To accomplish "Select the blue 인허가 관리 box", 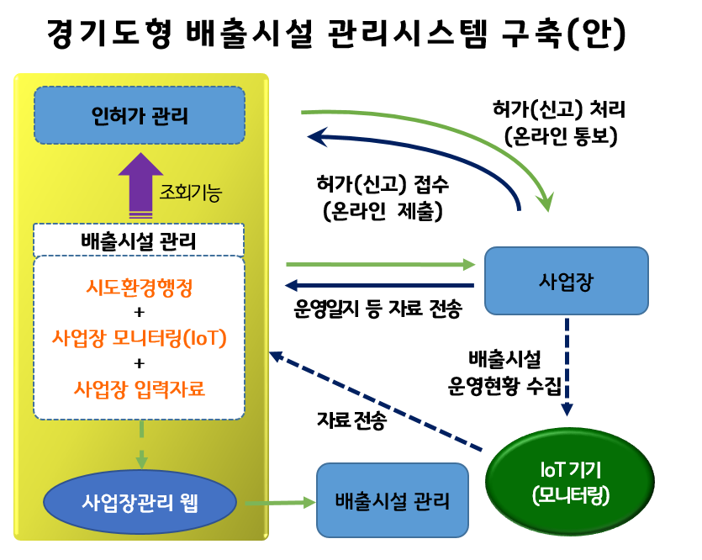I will (139, 115).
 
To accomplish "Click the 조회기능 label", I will (191, 193).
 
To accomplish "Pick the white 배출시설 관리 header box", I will (139, 241).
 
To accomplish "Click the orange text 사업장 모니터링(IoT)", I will (140, 339).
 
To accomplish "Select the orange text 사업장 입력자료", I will (140, 389).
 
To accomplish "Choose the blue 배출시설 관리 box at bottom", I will (392, 501).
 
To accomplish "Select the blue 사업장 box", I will (566, 281).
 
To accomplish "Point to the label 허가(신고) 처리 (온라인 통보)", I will (560, 123).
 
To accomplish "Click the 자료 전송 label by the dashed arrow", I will (351, 420).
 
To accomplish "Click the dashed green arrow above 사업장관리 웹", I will (141, 442).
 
